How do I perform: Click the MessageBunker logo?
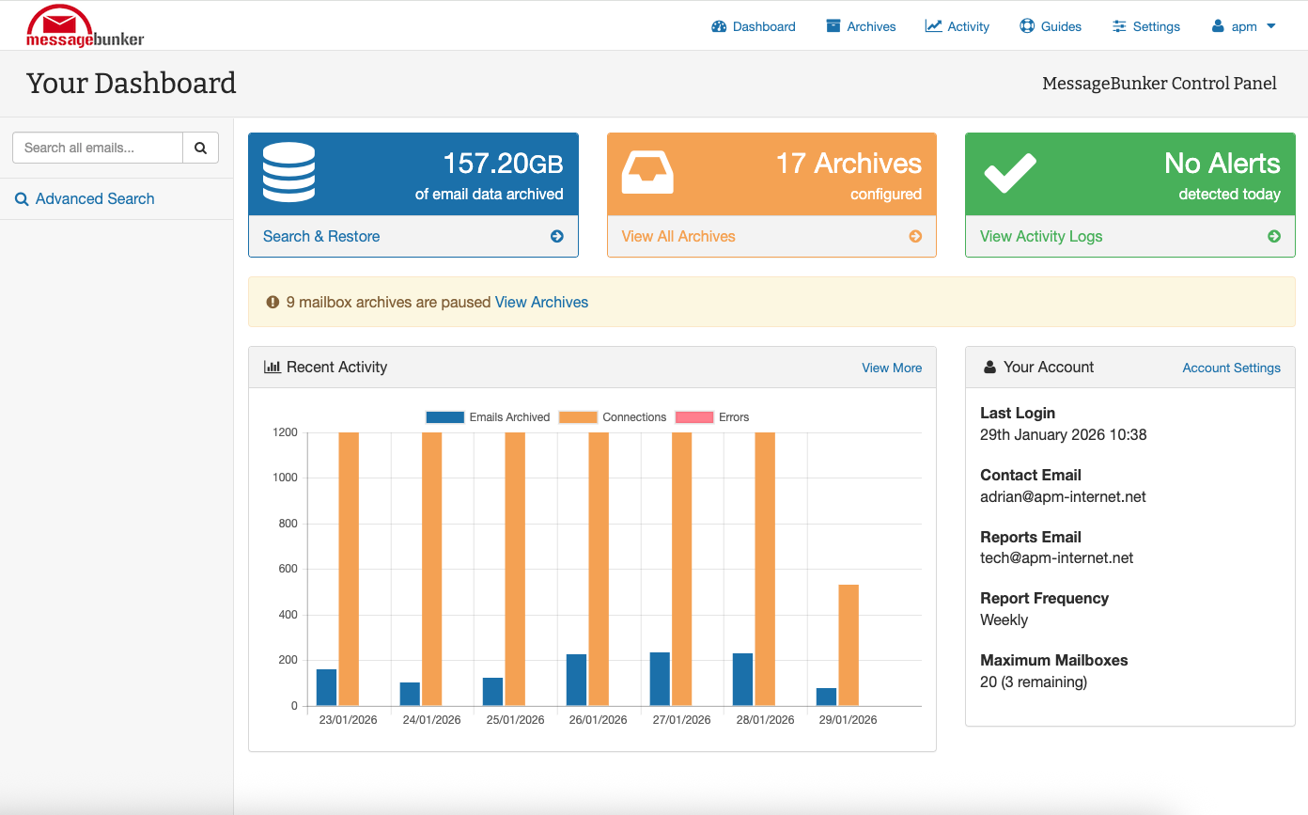tap(85, 26)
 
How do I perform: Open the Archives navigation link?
tap(861, 26)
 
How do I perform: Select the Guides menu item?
tap(1051, 26)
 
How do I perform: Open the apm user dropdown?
tap(1244, 26)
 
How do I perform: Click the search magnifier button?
tap(200, 148)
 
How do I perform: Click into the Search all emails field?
tap(98, 148)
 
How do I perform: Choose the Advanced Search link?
tap(94, 199)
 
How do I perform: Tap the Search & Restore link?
tap(321, 237)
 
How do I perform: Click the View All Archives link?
tap(678, 237)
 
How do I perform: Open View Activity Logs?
tap(1041, 237)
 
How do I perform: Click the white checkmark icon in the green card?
tap(1010, 173)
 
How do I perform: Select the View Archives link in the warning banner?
tap(541, 303)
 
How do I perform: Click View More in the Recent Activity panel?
tap(892, 368)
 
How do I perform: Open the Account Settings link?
tap(1231, 368)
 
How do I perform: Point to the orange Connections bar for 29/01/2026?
tap(849, 645)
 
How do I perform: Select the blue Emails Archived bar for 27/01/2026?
tap(660, 679)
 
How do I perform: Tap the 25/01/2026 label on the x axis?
tap(515, 720)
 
